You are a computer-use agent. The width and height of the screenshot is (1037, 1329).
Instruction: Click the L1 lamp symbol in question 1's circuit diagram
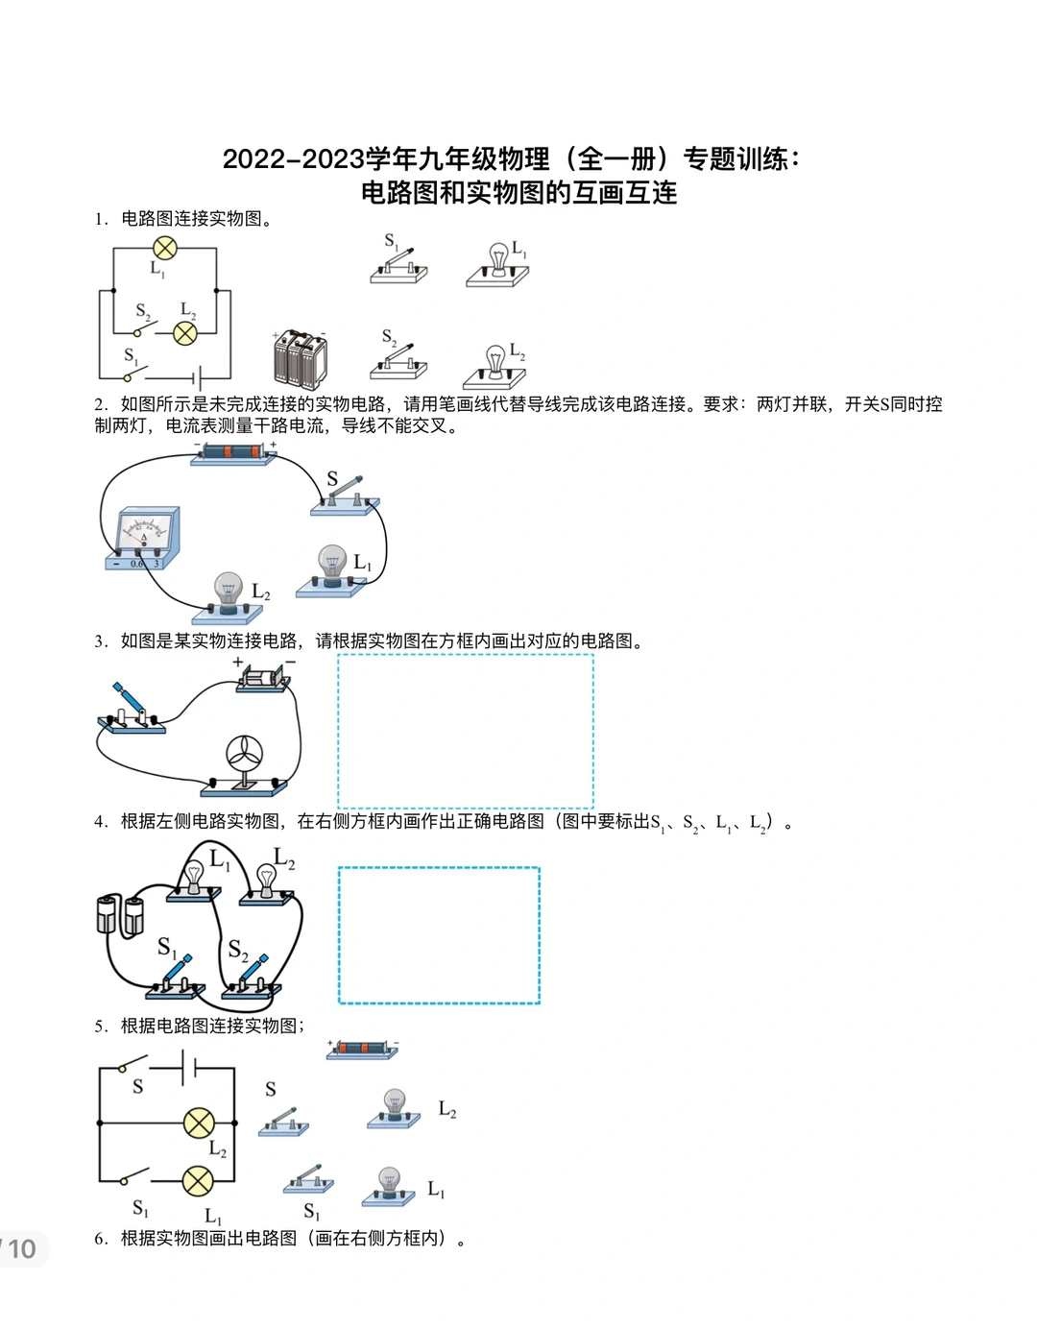point(165,249)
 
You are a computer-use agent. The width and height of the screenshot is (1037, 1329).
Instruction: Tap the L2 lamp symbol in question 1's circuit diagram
point(184,333)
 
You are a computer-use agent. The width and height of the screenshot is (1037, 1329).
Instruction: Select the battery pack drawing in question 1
point(300,359)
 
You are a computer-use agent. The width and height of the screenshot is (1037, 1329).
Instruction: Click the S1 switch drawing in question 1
point(398,266)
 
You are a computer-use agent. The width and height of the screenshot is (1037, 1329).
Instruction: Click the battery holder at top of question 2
point(234,453)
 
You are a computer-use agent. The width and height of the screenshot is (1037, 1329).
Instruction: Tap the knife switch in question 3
point(132,712)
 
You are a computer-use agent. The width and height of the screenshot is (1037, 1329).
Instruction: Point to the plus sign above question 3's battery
point(238,662)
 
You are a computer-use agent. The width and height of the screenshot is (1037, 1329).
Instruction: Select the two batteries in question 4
point(120,914)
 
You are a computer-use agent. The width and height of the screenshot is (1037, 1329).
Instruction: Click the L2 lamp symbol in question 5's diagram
point(199,1123)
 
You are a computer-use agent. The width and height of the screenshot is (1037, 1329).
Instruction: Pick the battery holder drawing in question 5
point(362,1049)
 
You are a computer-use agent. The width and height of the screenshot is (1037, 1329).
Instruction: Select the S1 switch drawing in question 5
point(308,1180)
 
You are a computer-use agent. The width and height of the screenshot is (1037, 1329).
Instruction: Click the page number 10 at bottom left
point(21,1248)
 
